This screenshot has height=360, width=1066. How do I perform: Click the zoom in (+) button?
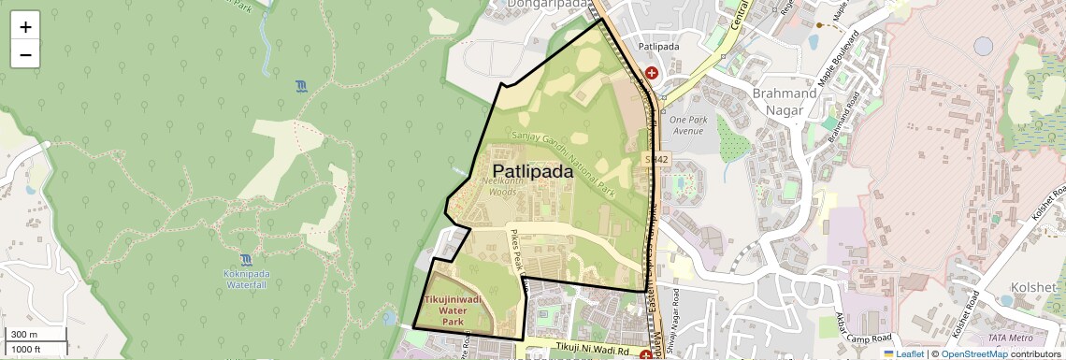pyautogui.click(x=25, y=26)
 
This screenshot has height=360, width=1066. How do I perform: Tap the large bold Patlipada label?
pyautogui.click(x=532, y=171)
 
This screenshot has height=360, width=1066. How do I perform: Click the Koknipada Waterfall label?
pyautogui.click(x=246, y=278)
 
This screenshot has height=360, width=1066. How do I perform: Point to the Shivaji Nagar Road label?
pyautogui.click(x=677, y=323)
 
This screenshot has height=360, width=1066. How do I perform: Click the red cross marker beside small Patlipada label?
pyautogui.click(x=651, y=72)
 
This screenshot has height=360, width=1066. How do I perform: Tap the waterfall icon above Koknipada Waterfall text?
pyautogui.click(x=245, y=259)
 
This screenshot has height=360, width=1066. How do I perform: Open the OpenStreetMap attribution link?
pyautogui.click(x=973, y=353)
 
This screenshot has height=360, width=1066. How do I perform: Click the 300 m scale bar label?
pyautogui.click(x=24, y=335)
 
